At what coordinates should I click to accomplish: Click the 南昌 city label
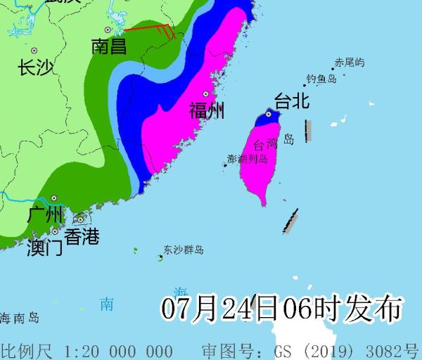click(x=109, y=47)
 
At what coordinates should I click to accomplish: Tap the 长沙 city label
click(x=36, y=67)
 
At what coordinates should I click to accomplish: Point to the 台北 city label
click(x=291, y=102)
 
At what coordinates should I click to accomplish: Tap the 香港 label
click(x=82, y=236)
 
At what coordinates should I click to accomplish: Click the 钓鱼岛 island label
click(x=321, y=79)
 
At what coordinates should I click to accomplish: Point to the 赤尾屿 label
click(x=350, y=63)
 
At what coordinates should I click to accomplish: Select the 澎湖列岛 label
click(x=248, y=159)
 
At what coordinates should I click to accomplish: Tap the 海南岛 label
click(x=19, y=318)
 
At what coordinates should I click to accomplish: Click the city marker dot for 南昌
click(x=108, y=30)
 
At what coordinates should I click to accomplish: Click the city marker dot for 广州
click(x=53, y=198)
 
